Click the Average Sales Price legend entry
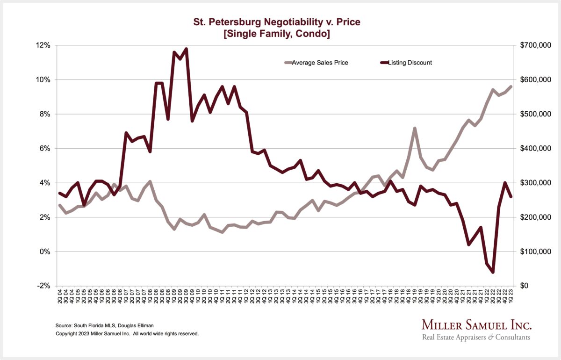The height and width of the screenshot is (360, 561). (x=320, y=63)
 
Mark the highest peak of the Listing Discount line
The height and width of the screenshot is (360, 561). (x=187, y=49)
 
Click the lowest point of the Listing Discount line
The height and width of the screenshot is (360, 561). (x=493, y=272)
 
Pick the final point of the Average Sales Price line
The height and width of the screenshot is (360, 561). (x=511, y=86)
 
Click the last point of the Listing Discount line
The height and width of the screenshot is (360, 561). (x=511, y=197)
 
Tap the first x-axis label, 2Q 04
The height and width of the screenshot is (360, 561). (x=60, y=299)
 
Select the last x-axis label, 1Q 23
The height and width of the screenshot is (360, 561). (x=511, y=299)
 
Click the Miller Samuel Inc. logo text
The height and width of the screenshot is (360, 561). (x=476, y=325)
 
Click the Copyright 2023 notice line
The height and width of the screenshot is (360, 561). (x=127, y=334)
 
